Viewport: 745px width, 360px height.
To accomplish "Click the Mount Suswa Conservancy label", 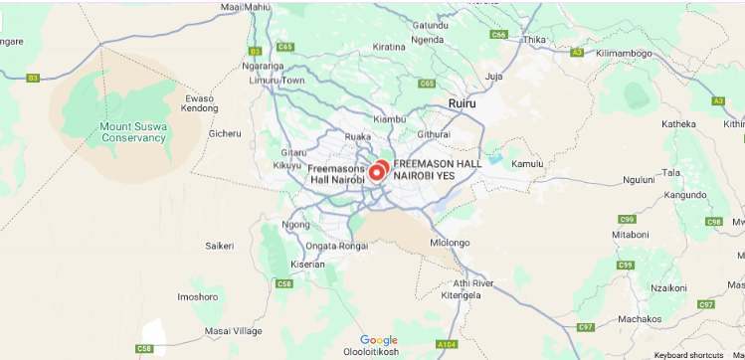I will pos(134,132).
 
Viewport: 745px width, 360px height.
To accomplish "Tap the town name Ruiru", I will pos(463,103).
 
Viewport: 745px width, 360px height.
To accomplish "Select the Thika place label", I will pos(535,40).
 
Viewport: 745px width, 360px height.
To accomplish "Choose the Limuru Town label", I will pos(277,80).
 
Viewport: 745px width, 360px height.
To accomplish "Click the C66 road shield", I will pos(499,34).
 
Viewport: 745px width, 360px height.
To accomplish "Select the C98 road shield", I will pos(713,221).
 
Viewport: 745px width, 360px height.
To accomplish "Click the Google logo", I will pos(378,340).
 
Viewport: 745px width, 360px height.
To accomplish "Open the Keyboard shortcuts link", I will pos(688,355).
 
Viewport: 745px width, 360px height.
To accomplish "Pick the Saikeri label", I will pos(219,245).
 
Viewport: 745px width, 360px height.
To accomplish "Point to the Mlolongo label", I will pos(449,242).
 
